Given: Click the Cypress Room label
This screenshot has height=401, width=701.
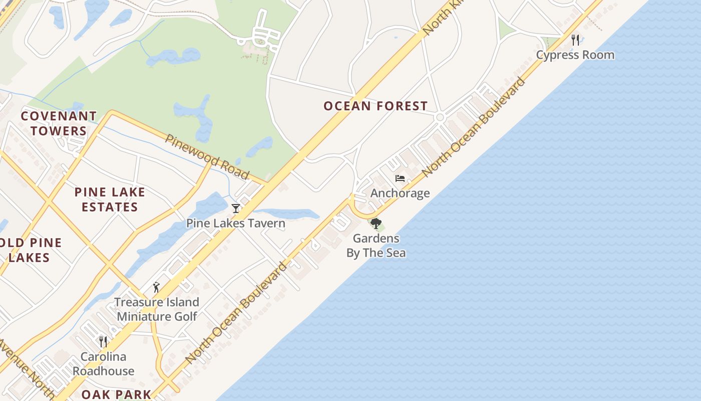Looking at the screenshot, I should (x=575, y=55).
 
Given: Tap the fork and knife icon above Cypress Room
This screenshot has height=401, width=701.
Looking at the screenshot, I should (x=575, y=40).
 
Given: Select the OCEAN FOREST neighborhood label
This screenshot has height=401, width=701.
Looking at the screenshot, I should (x=376, y=106).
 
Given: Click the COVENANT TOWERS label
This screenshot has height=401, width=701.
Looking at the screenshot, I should (x=59, y=123).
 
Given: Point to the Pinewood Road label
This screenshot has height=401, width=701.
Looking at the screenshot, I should (x=207, y=157).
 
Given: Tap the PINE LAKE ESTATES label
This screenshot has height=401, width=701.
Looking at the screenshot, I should (x=110, y=199).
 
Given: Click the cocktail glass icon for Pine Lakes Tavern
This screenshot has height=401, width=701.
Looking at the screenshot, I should (x=236, y=208).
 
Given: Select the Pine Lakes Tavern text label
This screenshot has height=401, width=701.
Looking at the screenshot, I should (x=236, y=223).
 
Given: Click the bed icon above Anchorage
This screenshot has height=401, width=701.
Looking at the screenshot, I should (x=400, y=178).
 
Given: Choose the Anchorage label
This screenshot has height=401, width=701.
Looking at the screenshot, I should (x=400, y=193).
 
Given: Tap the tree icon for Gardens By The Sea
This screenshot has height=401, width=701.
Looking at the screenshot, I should (x=376, y=224).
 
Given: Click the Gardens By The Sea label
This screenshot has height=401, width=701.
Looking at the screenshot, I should (x=376, y=246).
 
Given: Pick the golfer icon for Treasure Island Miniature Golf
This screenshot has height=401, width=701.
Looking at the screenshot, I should (x=156, y=287).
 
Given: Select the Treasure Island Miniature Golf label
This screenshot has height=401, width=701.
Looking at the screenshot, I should (x=157, y=309).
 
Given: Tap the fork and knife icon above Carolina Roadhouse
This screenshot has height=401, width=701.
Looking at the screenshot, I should (x=103, y=342).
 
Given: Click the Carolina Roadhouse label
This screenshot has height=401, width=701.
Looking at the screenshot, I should (x=103, y=364).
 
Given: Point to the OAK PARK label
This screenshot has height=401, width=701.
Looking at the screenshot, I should (x=116, y=394).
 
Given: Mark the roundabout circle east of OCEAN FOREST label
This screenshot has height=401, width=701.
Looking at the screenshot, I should (x=440, y=117).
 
